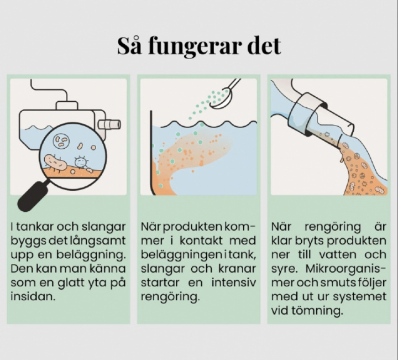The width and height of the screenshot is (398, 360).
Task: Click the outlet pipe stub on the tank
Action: coord(109,124)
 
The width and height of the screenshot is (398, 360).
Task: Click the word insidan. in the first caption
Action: coord(33,296)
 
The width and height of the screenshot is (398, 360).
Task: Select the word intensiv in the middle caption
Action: coord(233,283)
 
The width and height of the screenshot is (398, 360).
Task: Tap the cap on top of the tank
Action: coord(67,106)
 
